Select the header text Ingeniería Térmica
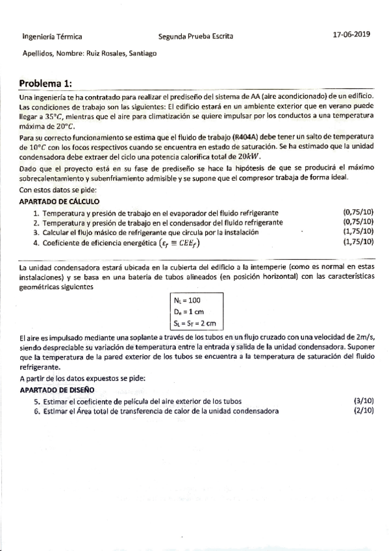click(52, 38)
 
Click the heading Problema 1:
click(46, 84)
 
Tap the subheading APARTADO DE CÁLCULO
click(59, 201)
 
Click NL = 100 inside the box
click(188, 301)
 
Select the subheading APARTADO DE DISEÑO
click(57, 390)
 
